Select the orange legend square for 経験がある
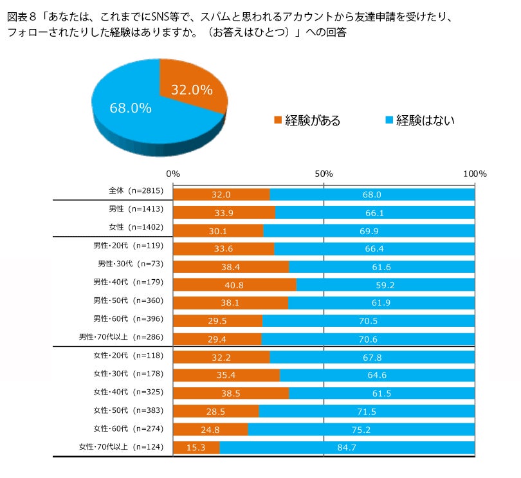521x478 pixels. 278,120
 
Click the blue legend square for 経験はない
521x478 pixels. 388,120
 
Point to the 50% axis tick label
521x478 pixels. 324,174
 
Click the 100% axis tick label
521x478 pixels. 475,174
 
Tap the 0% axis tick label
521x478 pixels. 173,174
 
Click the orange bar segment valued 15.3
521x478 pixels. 197,448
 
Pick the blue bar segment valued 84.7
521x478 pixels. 347,448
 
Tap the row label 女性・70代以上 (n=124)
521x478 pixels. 121,446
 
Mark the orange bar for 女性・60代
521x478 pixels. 211,429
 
